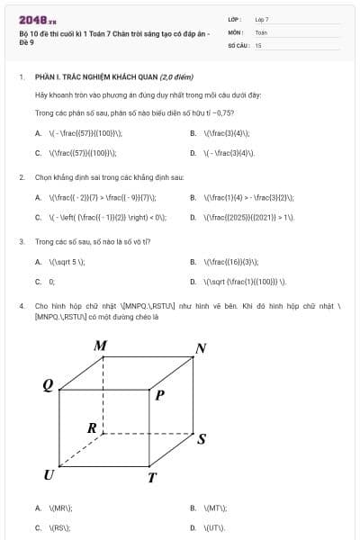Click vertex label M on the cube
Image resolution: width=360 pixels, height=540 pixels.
click(101, 346)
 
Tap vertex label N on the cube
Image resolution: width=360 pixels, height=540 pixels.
click(201, 348)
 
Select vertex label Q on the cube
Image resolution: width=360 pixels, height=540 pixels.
click(48, 385)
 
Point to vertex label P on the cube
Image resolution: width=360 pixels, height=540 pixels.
click(160, 394)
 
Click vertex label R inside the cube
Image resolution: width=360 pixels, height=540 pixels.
click(92, 428)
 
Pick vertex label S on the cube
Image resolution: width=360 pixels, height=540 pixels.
click(202, 439)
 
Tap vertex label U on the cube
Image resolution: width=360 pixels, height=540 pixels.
click(49, 474)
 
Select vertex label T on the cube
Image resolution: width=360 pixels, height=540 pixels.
click(153, 478)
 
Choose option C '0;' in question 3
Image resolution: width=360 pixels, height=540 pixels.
click(51, 281)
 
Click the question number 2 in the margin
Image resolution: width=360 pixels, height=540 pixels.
click(21, 177)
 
